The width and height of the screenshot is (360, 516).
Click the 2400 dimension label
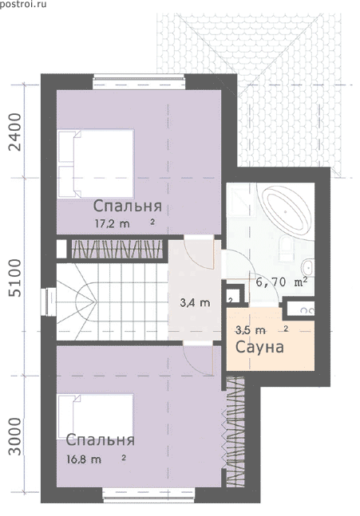[x=15, y=132]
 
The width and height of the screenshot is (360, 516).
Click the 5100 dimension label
[x=15, y=278]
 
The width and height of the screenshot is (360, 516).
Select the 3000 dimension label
[x=15, y=437]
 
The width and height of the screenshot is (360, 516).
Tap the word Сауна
[x=259, y=347]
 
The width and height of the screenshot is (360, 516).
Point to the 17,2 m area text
[x=113, y=224]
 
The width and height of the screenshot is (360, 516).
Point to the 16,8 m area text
[x=84, y=459]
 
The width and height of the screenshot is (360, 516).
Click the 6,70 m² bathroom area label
[x=282, y=282]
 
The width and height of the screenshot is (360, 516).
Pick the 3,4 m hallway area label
[x=195, y=303]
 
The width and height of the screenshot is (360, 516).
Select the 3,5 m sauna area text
[x=251, y=329]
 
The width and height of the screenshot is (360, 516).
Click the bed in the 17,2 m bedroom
[x=96, y=163]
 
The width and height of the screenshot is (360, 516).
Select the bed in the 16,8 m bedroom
[x=96, y=416]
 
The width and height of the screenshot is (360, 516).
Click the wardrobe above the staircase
[x=117, y=249]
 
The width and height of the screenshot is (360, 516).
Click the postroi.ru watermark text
[x=23, y=4]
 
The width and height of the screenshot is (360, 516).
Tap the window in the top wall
[x=138, y=81]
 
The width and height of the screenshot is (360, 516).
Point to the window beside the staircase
[x=48, y=302]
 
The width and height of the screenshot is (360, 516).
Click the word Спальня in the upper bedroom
[x=128, y=207]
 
